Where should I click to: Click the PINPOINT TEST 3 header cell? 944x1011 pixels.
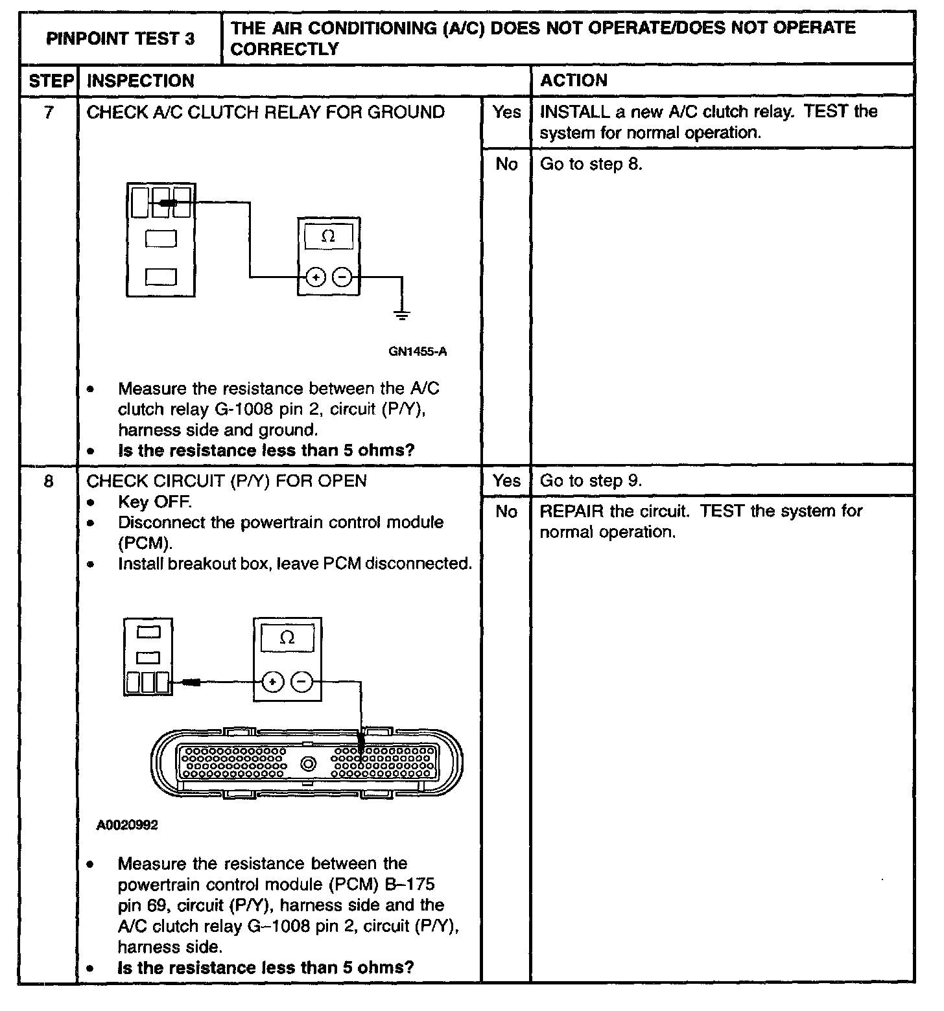click(x=120, y=39)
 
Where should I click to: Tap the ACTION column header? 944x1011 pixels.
click(x=574, y=81)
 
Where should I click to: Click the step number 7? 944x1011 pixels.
click(x=49, y=113)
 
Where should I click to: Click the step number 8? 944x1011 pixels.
click(x=49, y=481)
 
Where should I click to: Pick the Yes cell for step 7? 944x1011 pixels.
click(x=506, y=113)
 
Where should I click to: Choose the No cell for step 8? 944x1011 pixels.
click(x=506, y=512)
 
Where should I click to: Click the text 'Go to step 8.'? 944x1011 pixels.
click(x=591, y=165)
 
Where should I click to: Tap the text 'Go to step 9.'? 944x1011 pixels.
click(x=591, y=481)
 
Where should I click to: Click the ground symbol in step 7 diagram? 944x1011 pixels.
click(x=402, y=316)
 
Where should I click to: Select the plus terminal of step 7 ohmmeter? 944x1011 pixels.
click(x=316, y=278)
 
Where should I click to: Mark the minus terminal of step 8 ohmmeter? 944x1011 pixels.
click(x=301, y=682)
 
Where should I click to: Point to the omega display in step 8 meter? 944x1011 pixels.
click(x=287, y=638)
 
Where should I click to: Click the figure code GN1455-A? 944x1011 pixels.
click(x=418, y=352)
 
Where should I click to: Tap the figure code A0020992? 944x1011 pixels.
click(x=127, y=825)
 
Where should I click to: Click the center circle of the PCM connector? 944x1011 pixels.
click(x=308, y=763)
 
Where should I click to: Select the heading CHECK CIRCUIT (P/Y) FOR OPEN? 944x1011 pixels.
click(x=227, y=481)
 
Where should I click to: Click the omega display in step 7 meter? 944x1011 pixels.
click(x=328, y=237)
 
